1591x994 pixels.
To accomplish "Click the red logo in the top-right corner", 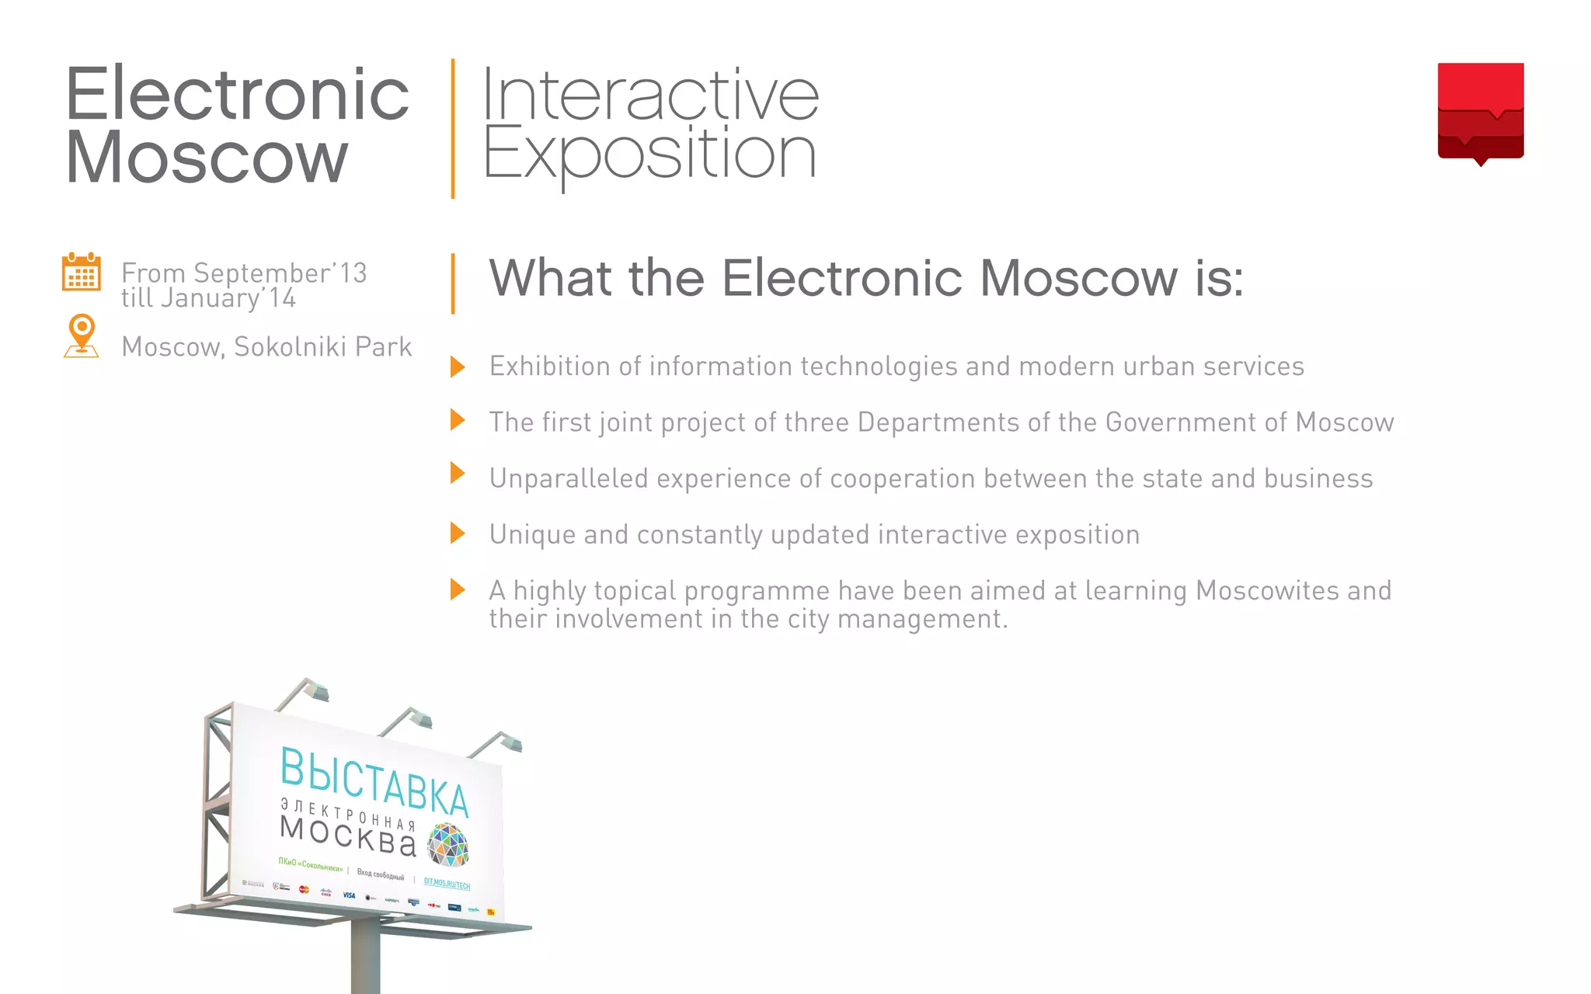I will pyautogui.click(x=1480, y=111).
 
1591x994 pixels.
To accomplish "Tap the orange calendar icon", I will pyautogui.click(x=81, y=272).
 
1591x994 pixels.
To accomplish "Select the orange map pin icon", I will pyautogui.click(x=82, y=335).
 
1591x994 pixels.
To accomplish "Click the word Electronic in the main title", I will pyautogui.click(x=237, y=94).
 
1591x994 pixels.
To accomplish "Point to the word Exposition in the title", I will pyautogui.click(x=649, y=155).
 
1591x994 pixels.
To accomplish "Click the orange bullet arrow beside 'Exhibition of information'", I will pyautogui.click(x=458, y=367).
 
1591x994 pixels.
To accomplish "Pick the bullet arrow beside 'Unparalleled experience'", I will pyautogui.click(x=458, y=473).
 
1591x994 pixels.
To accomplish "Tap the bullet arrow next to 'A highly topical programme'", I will pyautogui.click(x=458, y=589).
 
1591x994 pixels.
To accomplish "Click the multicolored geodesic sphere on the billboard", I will pyautogui.click(x=448, y=844).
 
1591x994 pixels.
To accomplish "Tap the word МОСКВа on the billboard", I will pyautogui.click(x=347, y=836).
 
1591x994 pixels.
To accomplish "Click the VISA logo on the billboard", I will pyautogui.click(x=349, y=895).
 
